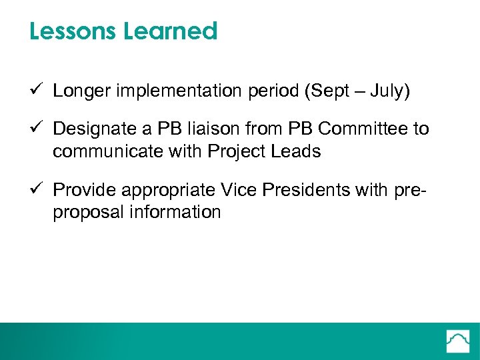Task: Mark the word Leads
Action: pyautogui.click(x=299, y=151)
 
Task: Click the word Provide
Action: pyautogui.click(x=80, y=190)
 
